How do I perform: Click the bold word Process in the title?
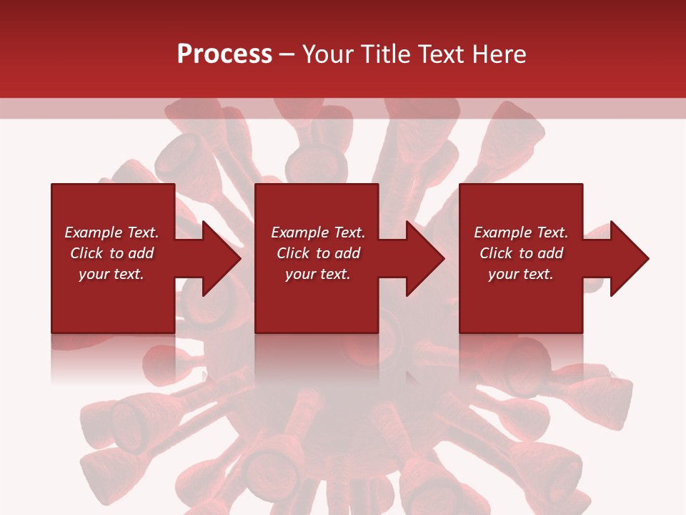pyautogui.click(x=224, y=54)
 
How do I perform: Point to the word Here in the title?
pyautogui.click(x=499, y=54)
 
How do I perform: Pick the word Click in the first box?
pyautogui.click(x=87, y=253)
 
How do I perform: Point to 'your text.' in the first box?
pyautogui.click(x=111, y=274)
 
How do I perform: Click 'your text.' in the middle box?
pyautogui.click(x=317, y=274)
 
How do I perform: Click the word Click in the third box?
pyautogui.click(x=497, y=253)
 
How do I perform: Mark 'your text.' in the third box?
pyautogui.click(x=520, y=274)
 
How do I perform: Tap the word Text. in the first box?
pyautogui.click(x=142, y=232)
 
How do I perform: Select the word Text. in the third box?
pyautogui.click(x=552, y=232)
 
